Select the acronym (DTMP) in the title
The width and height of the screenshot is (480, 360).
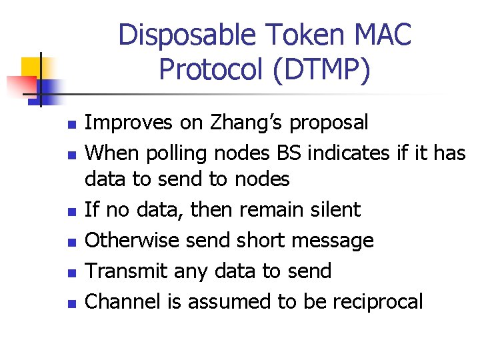tap(320, 69)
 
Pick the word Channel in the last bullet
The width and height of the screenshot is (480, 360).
tap(125, 301)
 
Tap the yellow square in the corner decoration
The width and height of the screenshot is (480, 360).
tap(31, 67)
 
